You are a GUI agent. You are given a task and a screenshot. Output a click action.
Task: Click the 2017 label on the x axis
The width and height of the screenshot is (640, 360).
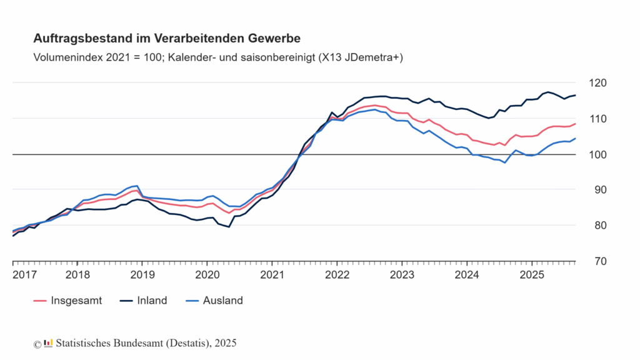tap(24, 275)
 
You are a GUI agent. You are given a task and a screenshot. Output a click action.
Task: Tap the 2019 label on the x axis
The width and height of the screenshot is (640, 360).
tap(142, 275)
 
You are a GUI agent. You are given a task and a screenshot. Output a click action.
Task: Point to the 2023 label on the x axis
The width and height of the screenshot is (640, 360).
tap(401, 275)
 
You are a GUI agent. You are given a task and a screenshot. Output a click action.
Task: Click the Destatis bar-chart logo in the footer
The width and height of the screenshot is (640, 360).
tap(48, 343)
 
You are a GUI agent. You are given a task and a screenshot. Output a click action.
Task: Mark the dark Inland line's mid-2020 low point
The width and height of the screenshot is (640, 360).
tap(229, 227)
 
